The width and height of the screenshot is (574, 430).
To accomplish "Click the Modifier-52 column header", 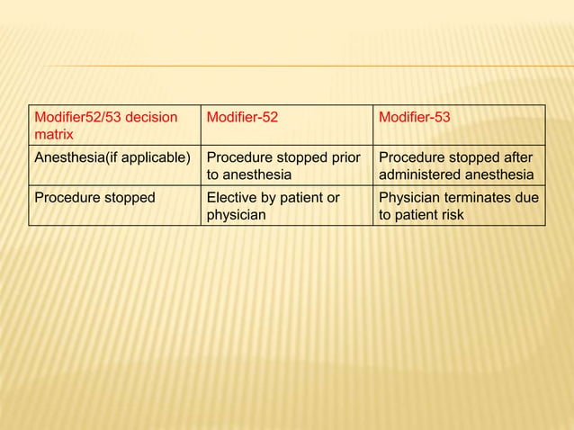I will pos(242,119).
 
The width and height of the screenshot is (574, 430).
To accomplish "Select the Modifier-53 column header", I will pos(415,119).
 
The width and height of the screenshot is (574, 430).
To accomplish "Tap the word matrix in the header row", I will pos(53,136).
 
